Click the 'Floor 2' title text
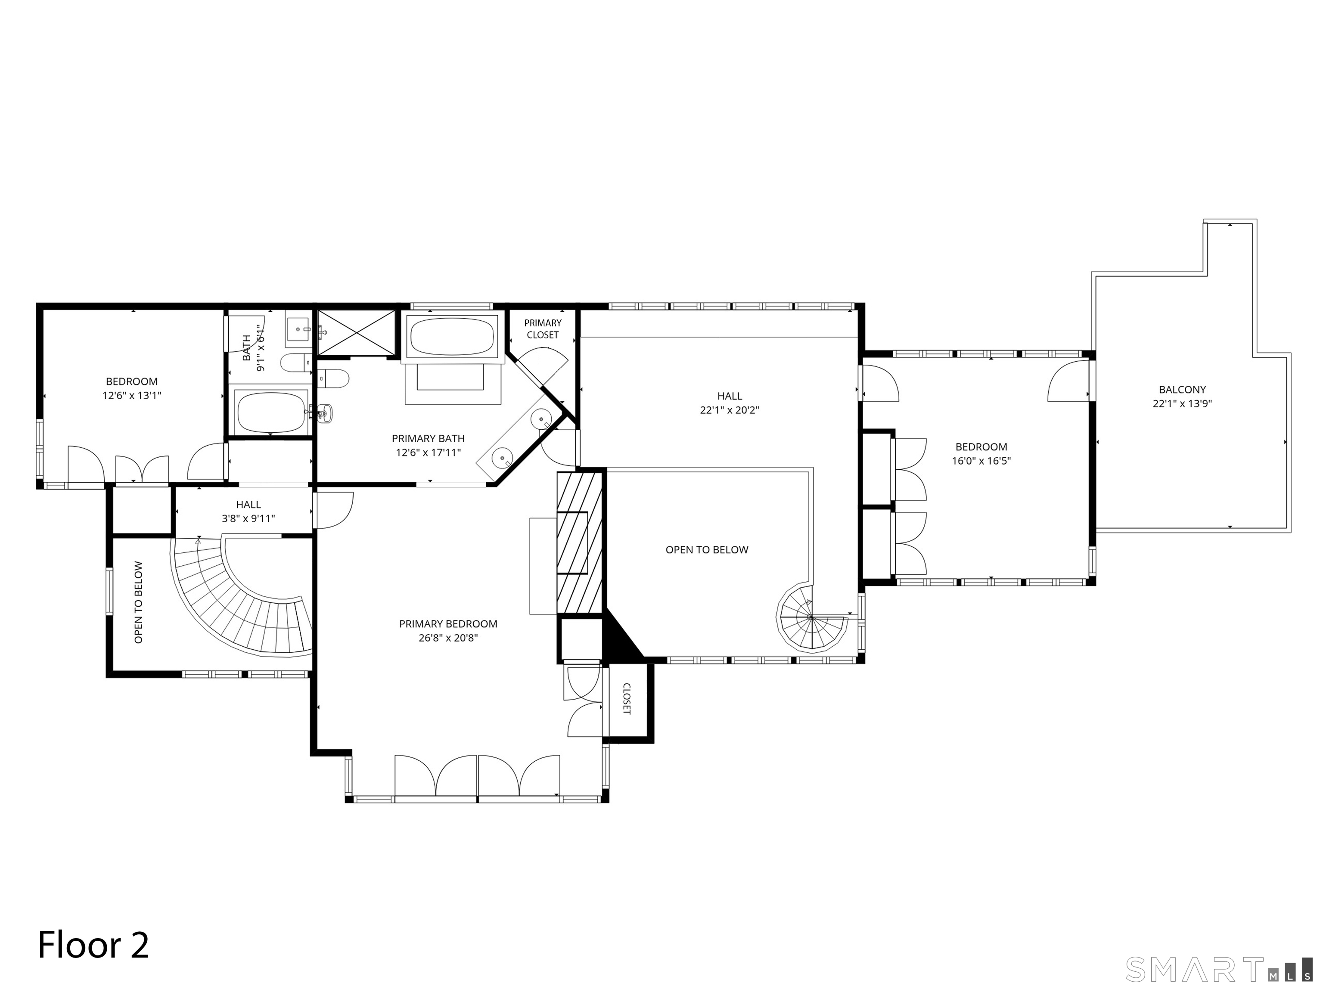[93, 945]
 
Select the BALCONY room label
[1182, 389]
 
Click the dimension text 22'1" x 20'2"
[729, 410]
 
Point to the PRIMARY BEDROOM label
[448, 624]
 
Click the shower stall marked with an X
[357, 332]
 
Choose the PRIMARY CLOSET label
[543, 329]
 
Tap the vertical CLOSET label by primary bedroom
[626, 698]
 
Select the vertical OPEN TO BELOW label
[139, 602]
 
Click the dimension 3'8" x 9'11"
[248, 518]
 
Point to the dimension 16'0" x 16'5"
[981, 461]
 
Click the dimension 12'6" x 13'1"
[132, 395]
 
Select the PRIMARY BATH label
[428, 438]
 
